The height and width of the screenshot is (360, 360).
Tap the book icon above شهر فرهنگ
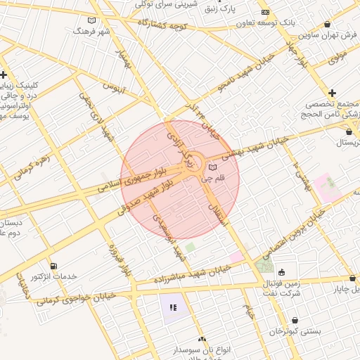click(92, 20)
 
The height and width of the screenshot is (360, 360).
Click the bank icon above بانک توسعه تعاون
click(265, 13)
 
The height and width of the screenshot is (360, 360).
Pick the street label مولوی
click(337, 56)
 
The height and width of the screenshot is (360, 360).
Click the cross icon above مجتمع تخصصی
click(332, 93)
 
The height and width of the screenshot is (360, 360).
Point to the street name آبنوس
click(114, 89)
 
